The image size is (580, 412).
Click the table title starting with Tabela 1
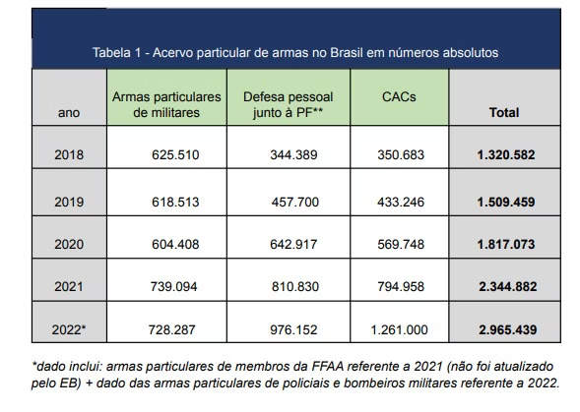point(295,52)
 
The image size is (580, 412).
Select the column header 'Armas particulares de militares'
point(166,104)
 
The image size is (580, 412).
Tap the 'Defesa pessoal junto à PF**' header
point(289,104)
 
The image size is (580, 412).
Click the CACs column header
point(399,96)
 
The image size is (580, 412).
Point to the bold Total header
point(504,112)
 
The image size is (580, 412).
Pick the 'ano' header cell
point(69,113)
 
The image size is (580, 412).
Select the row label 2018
point(69,154)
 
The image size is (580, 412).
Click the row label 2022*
point(69,329)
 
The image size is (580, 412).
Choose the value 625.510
point(175,154)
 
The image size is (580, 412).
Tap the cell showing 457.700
point(295,202)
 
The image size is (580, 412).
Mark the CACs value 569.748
point(401,244)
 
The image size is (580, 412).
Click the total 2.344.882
point(507,286)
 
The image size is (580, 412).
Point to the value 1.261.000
point(399,329)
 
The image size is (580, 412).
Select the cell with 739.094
point(174,286)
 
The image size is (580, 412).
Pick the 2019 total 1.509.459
point(506,202)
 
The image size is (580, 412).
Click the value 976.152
point(293,329)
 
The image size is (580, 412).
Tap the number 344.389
point(293,154)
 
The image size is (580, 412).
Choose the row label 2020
point(69,244)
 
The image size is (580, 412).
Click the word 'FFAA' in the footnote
point(328,366)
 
